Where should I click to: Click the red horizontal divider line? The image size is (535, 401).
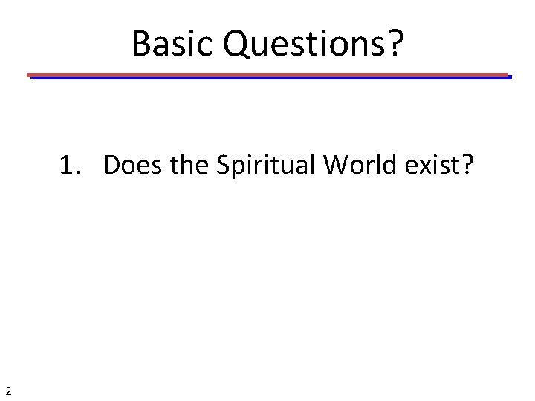[x=267, y=74]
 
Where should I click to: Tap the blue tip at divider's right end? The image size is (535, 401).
[x=510, y=76]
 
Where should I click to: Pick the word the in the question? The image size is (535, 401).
[x=192, y=166]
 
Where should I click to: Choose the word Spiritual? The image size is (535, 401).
[x=265, y=166]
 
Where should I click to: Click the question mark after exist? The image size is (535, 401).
[x=466, y=166]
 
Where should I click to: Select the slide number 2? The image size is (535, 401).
[x=7, y=391]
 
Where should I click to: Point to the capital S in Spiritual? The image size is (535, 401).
[x=223, y=166]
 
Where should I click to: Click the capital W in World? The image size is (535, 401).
[x=335, y=166]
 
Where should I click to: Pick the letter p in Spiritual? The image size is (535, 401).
[x=237, y=169]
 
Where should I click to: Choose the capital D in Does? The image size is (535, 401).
[x=111, y=166]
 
